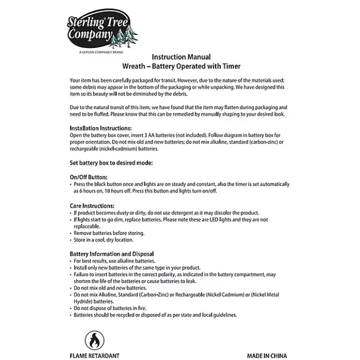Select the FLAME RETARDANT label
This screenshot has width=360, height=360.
94,356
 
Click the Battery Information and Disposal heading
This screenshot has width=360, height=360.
112,254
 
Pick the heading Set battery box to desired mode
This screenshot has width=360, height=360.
111,163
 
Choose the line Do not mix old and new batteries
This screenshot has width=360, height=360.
110,288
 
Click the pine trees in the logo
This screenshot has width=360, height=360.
127,36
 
